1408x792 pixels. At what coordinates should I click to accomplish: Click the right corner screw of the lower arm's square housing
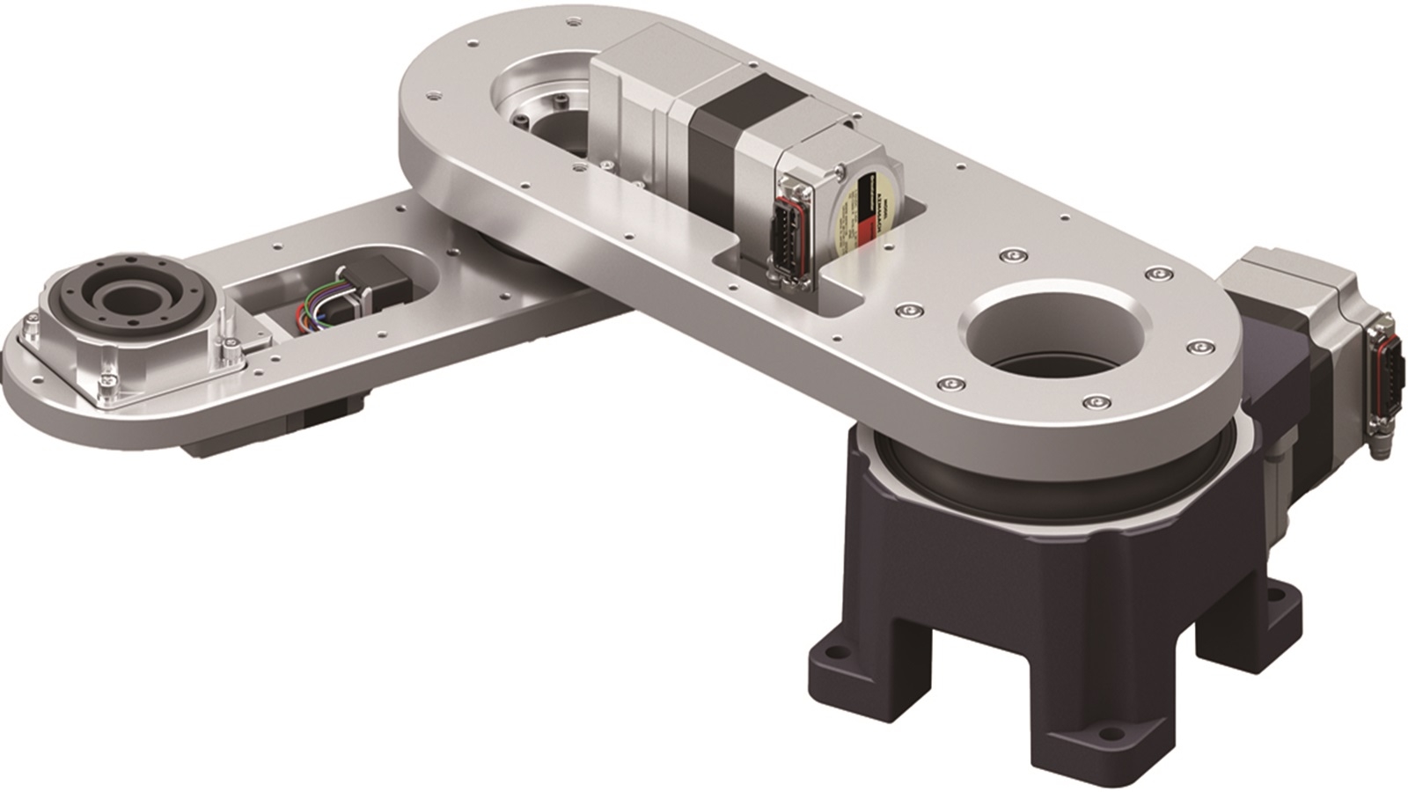tap(231, 351)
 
